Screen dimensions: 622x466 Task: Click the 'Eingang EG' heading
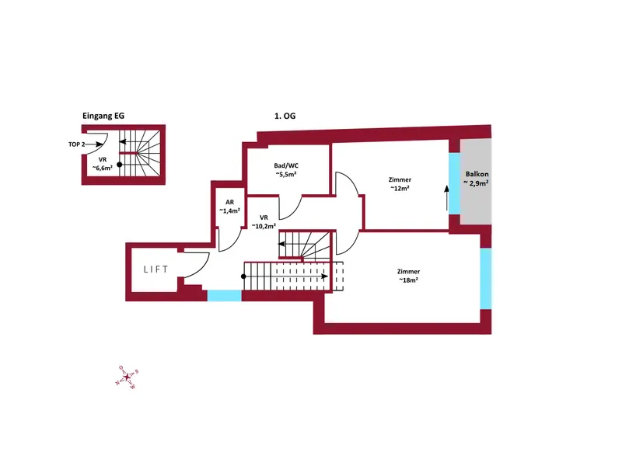point(103,116)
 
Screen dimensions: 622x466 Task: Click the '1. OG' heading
point(285,116)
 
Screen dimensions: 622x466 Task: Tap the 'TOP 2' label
point(76,144)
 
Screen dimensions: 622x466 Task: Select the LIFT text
point(156,270)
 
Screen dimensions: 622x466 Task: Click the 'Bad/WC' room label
point(286,165)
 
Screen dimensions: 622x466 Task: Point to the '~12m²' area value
point(400,188)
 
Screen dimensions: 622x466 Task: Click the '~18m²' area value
point(408,280)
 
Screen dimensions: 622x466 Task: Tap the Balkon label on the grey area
point(477,174)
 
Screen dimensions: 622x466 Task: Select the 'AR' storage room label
point(229,202)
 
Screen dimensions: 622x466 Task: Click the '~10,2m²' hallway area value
point(264,226)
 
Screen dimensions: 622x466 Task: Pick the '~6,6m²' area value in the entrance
point(103,168)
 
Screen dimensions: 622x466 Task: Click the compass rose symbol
point(127,377)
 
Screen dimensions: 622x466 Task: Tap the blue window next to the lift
point(225,296)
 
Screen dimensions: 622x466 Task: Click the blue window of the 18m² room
point(486,279)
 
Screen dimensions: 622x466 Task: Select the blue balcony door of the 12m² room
point(455,184)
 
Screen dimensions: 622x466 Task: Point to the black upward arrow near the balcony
point(447,198)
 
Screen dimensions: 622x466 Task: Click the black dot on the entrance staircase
point(120,165)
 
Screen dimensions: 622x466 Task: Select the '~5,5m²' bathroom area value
point(286,174)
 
